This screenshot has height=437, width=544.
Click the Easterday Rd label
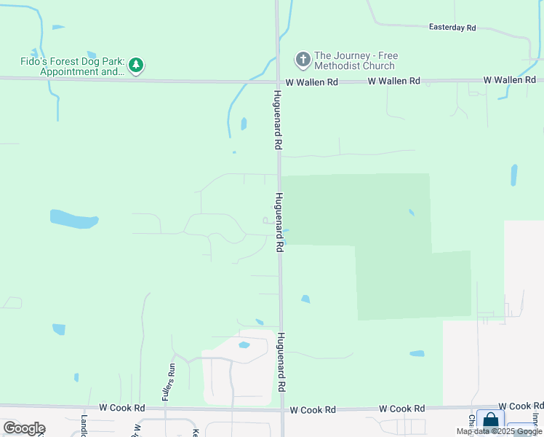452,28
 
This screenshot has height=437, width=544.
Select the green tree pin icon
136,66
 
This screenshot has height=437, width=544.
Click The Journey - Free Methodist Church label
356,61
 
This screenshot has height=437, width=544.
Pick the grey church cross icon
303,58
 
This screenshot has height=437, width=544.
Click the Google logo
24,428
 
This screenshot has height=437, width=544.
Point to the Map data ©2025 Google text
500,431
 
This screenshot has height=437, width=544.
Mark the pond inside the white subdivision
244,345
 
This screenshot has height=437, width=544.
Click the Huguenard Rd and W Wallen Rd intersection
278,82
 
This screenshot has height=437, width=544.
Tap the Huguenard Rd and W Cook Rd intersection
282,410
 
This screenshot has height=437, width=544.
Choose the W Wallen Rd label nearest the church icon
311,82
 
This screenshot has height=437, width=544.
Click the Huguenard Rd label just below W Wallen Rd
277,121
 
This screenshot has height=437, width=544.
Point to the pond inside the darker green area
411,213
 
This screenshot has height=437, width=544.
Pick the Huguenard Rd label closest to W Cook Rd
281,363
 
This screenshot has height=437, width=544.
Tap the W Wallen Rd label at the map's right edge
511,79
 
